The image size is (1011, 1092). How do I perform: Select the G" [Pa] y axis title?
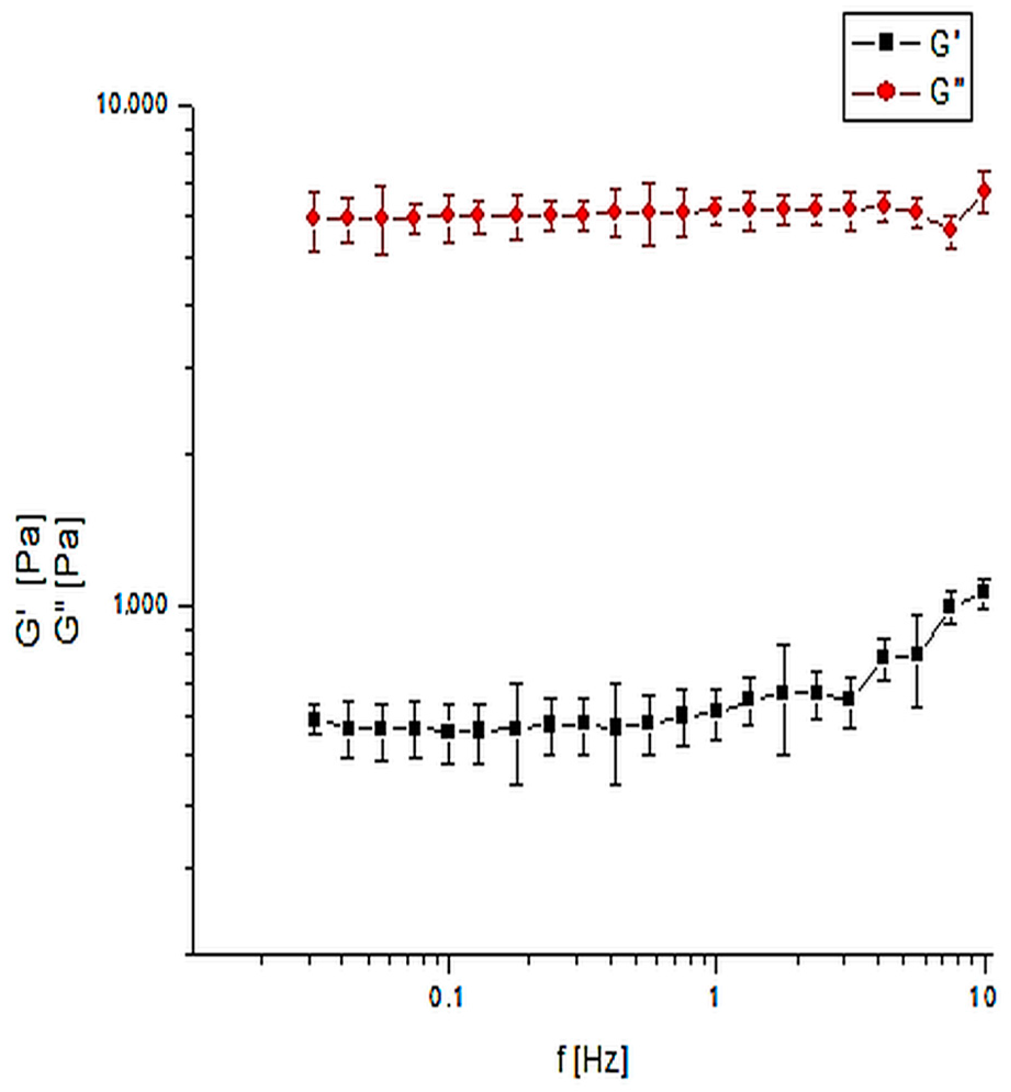coord(69,580)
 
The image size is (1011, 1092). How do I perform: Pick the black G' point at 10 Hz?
coord(984,592)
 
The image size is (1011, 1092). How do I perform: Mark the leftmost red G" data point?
coord(313,218)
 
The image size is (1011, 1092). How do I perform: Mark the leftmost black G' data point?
coord(314,719)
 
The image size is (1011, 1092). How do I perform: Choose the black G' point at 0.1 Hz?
coord(448,731)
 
